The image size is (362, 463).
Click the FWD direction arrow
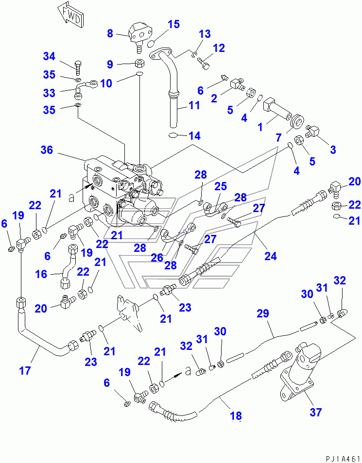pos(70,17)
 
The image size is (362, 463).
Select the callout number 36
pos(47,149)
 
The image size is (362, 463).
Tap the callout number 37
pos(315,412)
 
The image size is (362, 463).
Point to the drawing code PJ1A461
pos(343,459)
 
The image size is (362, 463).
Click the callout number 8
pos(110,33)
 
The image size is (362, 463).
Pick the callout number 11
pos(194,105)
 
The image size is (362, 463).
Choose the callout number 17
pos(25,370)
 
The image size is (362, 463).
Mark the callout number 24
pos(270,256)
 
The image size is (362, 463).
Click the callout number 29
pos(262,314)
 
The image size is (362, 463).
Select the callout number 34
pos(49,56)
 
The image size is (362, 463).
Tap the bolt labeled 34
pos(78,68)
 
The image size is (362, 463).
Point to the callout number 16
pos(41,274)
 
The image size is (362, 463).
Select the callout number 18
pos(236,416)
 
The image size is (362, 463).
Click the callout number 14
pos(194,136)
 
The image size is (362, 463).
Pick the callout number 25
pos(221,186)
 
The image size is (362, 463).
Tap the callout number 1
pos(260,127)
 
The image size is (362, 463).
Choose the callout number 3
pos(333,149)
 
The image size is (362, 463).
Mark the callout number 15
pos(174,24)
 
